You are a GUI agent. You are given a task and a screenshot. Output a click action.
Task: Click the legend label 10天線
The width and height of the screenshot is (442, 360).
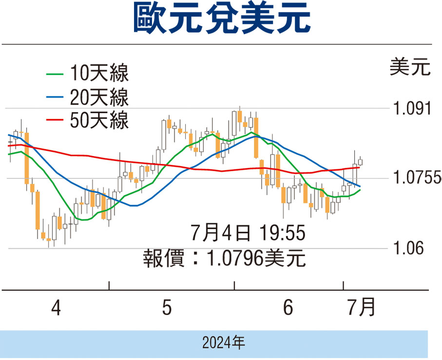(99, 74)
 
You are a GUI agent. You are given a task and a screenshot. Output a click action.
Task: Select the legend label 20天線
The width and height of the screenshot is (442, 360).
(99, 98)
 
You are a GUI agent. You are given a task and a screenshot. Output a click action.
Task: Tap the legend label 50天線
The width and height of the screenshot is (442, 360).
(99, 120)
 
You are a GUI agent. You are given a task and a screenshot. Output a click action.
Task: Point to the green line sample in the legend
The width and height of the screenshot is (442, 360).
(55, 74)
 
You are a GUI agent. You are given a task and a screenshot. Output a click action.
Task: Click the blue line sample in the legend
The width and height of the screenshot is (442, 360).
(55, 98)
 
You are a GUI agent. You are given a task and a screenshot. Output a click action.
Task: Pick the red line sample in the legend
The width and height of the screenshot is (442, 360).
(55, 120)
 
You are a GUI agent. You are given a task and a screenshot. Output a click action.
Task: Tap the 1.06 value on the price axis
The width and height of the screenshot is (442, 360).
(407, 248)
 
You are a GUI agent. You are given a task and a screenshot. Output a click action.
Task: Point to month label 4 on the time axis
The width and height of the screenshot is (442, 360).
(57, 309)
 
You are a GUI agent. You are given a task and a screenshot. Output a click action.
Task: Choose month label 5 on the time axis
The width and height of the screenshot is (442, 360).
(167, 309)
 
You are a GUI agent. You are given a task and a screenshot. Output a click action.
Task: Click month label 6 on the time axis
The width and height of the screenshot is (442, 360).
(288, 309)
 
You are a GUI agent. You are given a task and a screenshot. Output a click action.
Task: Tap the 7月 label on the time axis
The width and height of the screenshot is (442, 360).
(360, 309)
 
